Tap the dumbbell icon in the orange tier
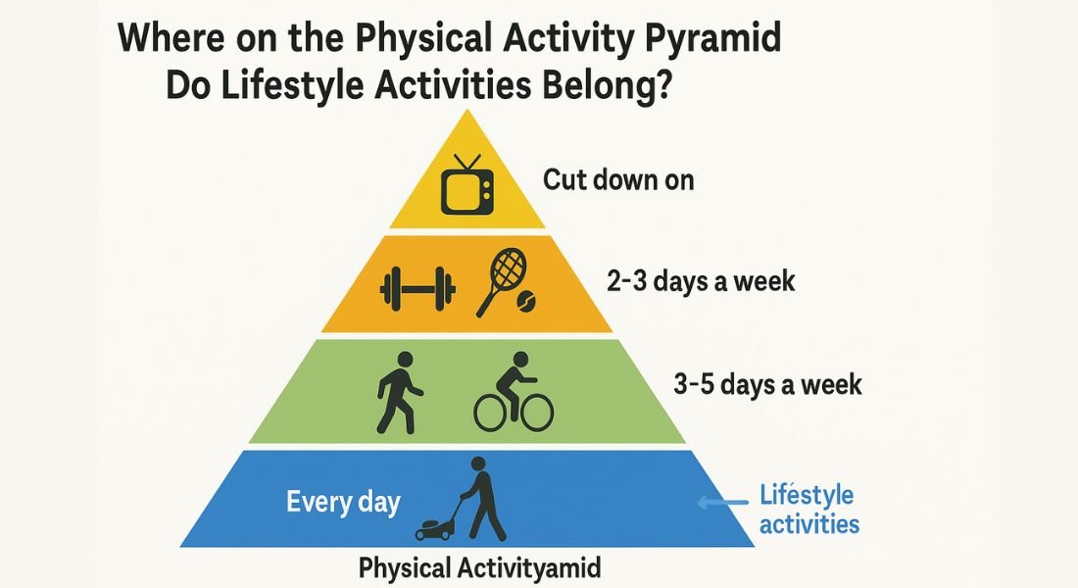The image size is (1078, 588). [x=418, y=289]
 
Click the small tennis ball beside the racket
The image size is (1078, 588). [x=528, y=300]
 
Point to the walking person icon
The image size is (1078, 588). [x=400, y=392]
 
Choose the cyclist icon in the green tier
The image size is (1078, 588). [x=514, y=392]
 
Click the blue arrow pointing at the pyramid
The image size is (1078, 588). [x=722, y=503]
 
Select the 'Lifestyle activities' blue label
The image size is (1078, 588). [x=808, y=509]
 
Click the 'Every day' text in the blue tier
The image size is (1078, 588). [x=343, y=502]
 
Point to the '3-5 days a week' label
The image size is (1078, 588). [x=767, y=384]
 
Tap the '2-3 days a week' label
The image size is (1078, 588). [x=701, y=281]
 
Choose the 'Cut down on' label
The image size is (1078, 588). [x=618, y=180]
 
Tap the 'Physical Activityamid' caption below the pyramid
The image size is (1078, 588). [x=480, y=568]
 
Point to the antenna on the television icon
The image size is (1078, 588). [x=466, y=162]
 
